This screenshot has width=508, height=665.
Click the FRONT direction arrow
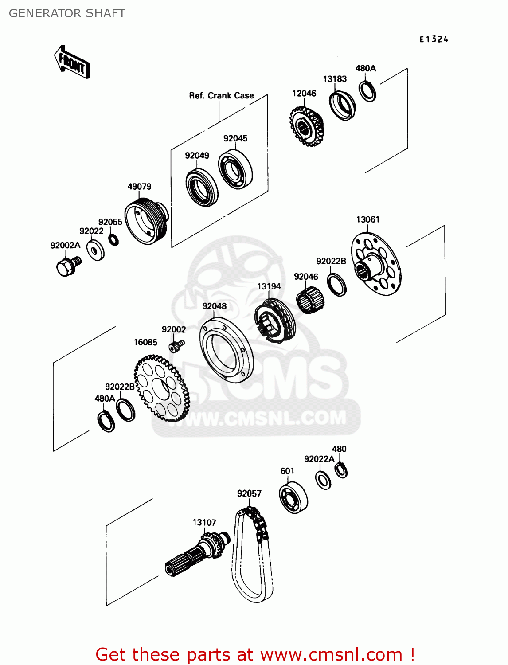[72, 63]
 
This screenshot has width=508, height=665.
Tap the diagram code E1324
[434, 39]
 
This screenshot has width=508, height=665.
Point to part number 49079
[139, 187]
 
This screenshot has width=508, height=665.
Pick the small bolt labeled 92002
[176, 346]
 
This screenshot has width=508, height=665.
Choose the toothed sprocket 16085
[162, 388]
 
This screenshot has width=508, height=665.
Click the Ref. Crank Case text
[221, 95]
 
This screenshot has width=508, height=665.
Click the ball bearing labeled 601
[293, 498]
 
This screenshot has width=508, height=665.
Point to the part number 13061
[367, 219]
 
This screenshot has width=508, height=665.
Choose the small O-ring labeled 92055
[113, 239]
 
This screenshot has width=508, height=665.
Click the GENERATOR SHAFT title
[67, 13]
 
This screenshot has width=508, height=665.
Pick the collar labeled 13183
[342, 105]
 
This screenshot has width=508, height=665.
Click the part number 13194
[269, 286]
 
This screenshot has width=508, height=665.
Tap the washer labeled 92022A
[323, 480]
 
